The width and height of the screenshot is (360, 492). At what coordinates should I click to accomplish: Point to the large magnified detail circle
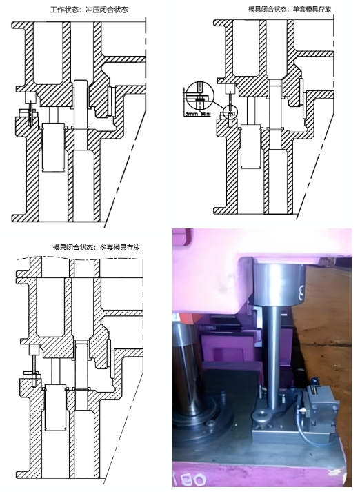pyautogui.click(x=199, y=99)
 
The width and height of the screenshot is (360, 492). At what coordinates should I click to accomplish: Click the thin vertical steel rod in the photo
pyautogui.click(x=274, y=359)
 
